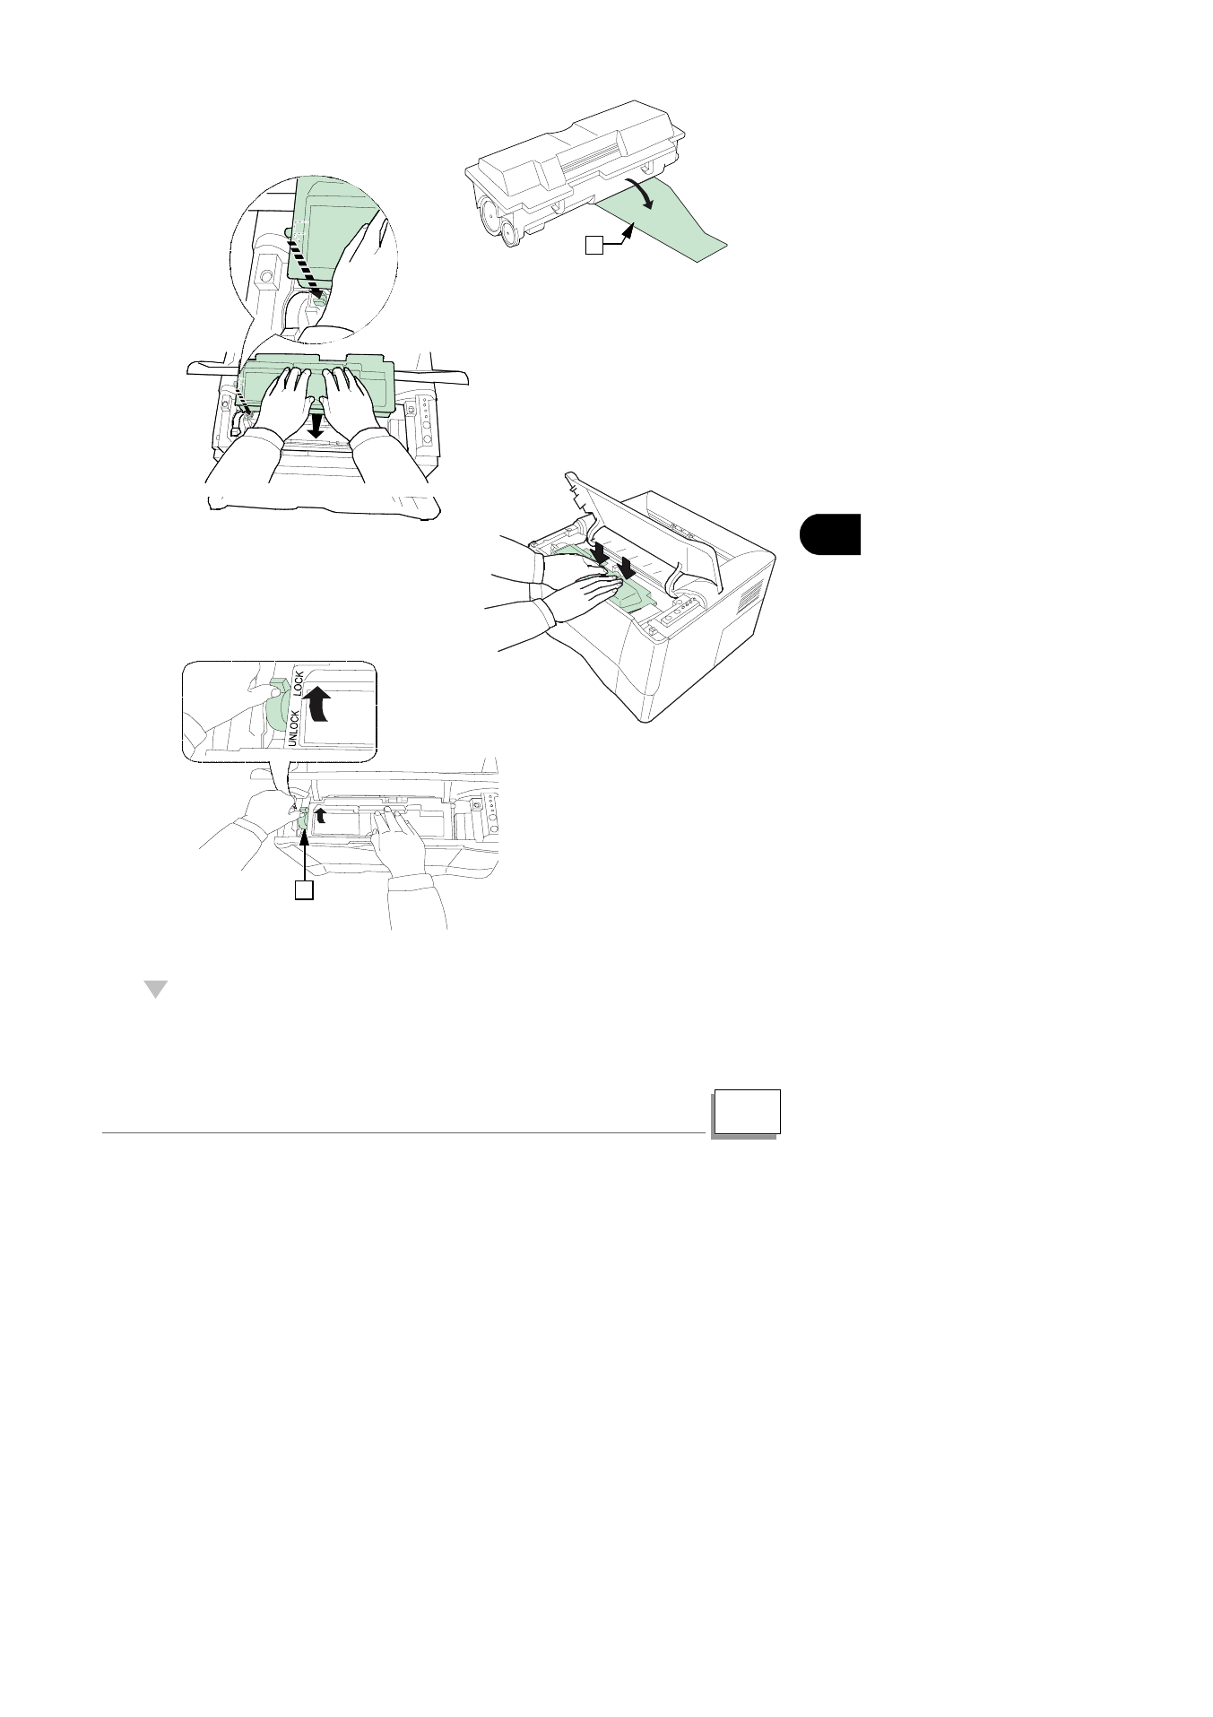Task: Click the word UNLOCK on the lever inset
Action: click(293, 727)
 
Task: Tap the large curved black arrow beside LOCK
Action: click(318, 704)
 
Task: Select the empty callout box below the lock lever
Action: click(305, 890)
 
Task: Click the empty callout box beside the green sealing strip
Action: click(594, 244)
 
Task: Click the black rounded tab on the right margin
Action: click(830, 534)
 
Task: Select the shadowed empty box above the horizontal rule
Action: click(748, 1112)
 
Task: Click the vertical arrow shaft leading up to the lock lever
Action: click(305, 852)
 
